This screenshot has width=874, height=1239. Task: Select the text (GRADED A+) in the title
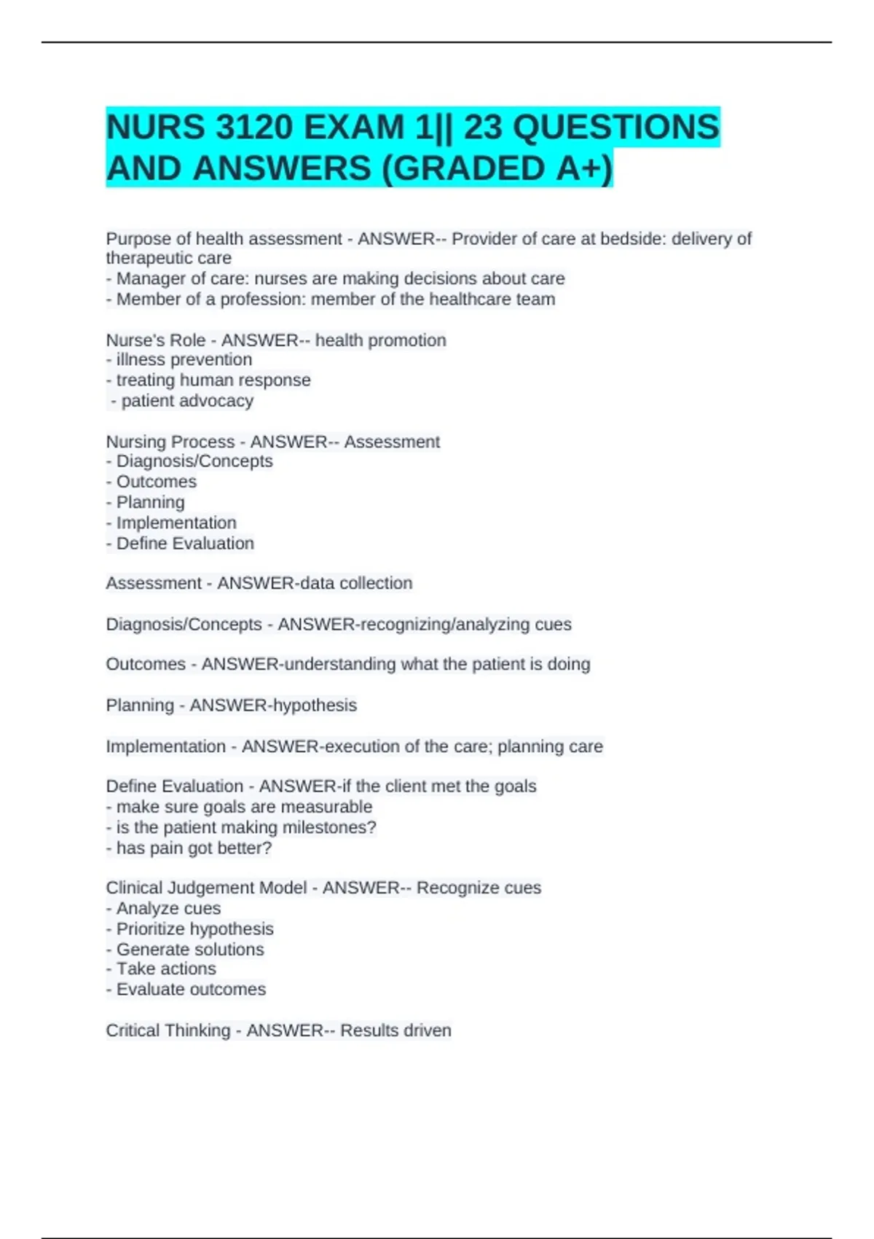click(x=497, y=168)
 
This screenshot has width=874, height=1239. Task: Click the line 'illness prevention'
click(x=184, y=359)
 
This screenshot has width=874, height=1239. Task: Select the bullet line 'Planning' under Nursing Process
click(x=150, y=502)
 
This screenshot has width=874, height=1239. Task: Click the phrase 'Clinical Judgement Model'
click(x=206, y=888)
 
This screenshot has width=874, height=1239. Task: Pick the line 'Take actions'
click(x=166, y=969)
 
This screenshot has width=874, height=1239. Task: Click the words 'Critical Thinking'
click(x=168, y=1030)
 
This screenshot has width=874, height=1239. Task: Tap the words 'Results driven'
click(x=395, y=1030)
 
